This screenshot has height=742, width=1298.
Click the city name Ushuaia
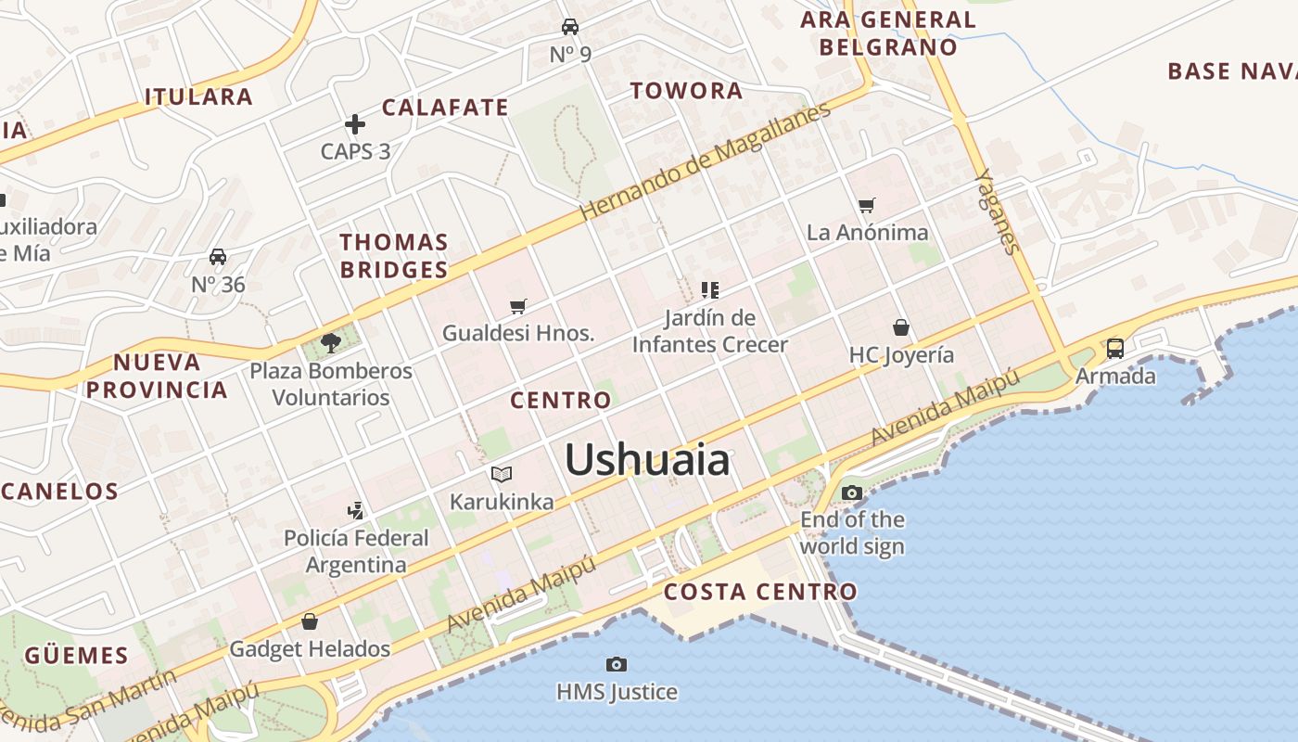click(647, 460)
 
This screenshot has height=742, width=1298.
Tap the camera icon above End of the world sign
click(852, 493)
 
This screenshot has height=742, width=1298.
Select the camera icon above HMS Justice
click(617, 664)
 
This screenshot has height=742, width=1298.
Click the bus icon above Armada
click(1114, 349)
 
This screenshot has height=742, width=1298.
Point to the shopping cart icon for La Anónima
click(867, 205)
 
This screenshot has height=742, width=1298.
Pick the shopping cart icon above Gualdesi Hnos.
click(518, 306)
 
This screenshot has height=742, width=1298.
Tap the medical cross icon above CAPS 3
click(354, 123)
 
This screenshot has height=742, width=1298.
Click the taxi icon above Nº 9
click(570, 27)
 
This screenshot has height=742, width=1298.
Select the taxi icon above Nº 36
click(218, 257)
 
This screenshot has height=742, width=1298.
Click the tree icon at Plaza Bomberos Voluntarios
click(330, 343)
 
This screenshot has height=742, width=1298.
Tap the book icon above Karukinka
click(502, 475)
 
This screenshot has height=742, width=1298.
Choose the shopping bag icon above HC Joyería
click(900, 327)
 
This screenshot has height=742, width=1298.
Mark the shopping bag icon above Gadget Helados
click(310, 621)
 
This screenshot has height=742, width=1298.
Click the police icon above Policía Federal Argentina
click(355, 510)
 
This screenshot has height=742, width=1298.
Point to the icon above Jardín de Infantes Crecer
click(710, 290)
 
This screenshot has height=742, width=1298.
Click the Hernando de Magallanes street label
click(706, 161)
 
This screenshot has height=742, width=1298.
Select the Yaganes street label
click(997, 211)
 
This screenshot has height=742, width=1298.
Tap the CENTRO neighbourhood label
click(561, 401)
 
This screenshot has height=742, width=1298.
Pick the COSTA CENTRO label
click(761, 592)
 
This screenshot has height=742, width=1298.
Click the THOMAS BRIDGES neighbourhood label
click(394, 256)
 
